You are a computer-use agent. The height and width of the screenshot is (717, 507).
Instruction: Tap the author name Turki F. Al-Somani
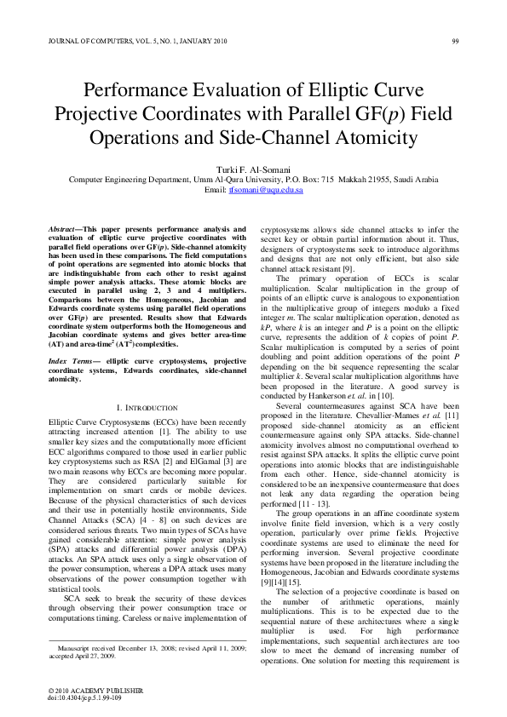pyautogui.click(x=253, y=170)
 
